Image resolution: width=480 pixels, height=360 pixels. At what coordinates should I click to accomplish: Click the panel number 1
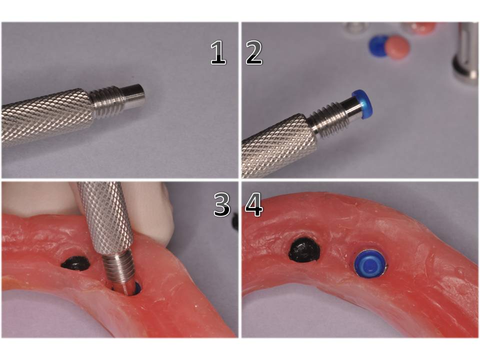tap(217, 53)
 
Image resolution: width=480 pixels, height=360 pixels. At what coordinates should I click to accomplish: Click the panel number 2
tap(254, 53)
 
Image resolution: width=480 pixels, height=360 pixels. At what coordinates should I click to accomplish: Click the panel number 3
tap(221, 205)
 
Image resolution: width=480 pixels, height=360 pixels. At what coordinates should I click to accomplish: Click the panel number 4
tap(254, 205)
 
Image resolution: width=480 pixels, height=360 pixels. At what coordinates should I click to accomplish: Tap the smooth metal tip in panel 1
tap(133, 96)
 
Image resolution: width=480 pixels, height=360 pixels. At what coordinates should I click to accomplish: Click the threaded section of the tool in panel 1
tap(107, 102)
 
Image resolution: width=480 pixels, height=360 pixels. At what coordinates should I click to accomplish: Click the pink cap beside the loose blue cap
tap(397, 48)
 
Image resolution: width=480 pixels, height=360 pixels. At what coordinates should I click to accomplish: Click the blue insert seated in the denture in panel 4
tap(370, 263)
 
